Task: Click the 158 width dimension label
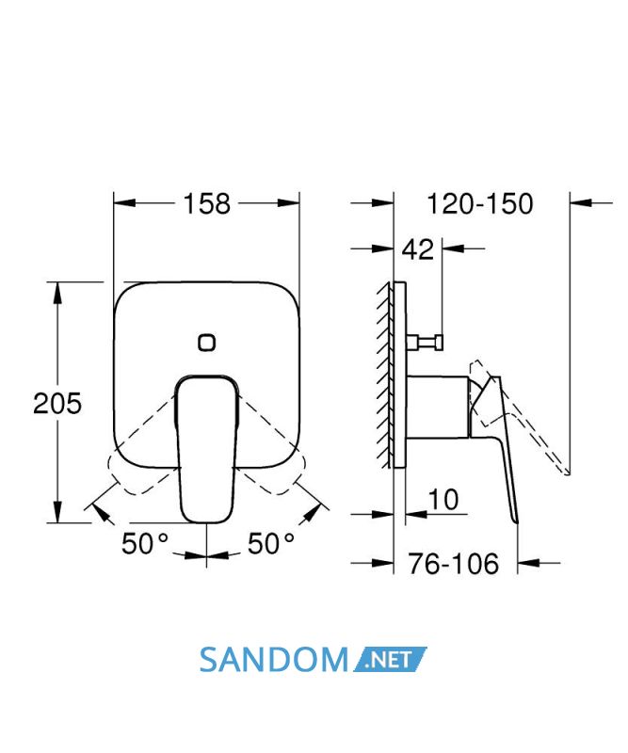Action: pos(207,203)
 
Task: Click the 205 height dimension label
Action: pos(57,404)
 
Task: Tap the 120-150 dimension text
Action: pos(480,203)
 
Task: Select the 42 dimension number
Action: pos(417,249)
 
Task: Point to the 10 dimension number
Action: pos(443,500)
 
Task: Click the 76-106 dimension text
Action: pos(454,563)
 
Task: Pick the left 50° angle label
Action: pos(145,544)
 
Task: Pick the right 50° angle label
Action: pos(271,544)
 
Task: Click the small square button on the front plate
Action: pos(206,343)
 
